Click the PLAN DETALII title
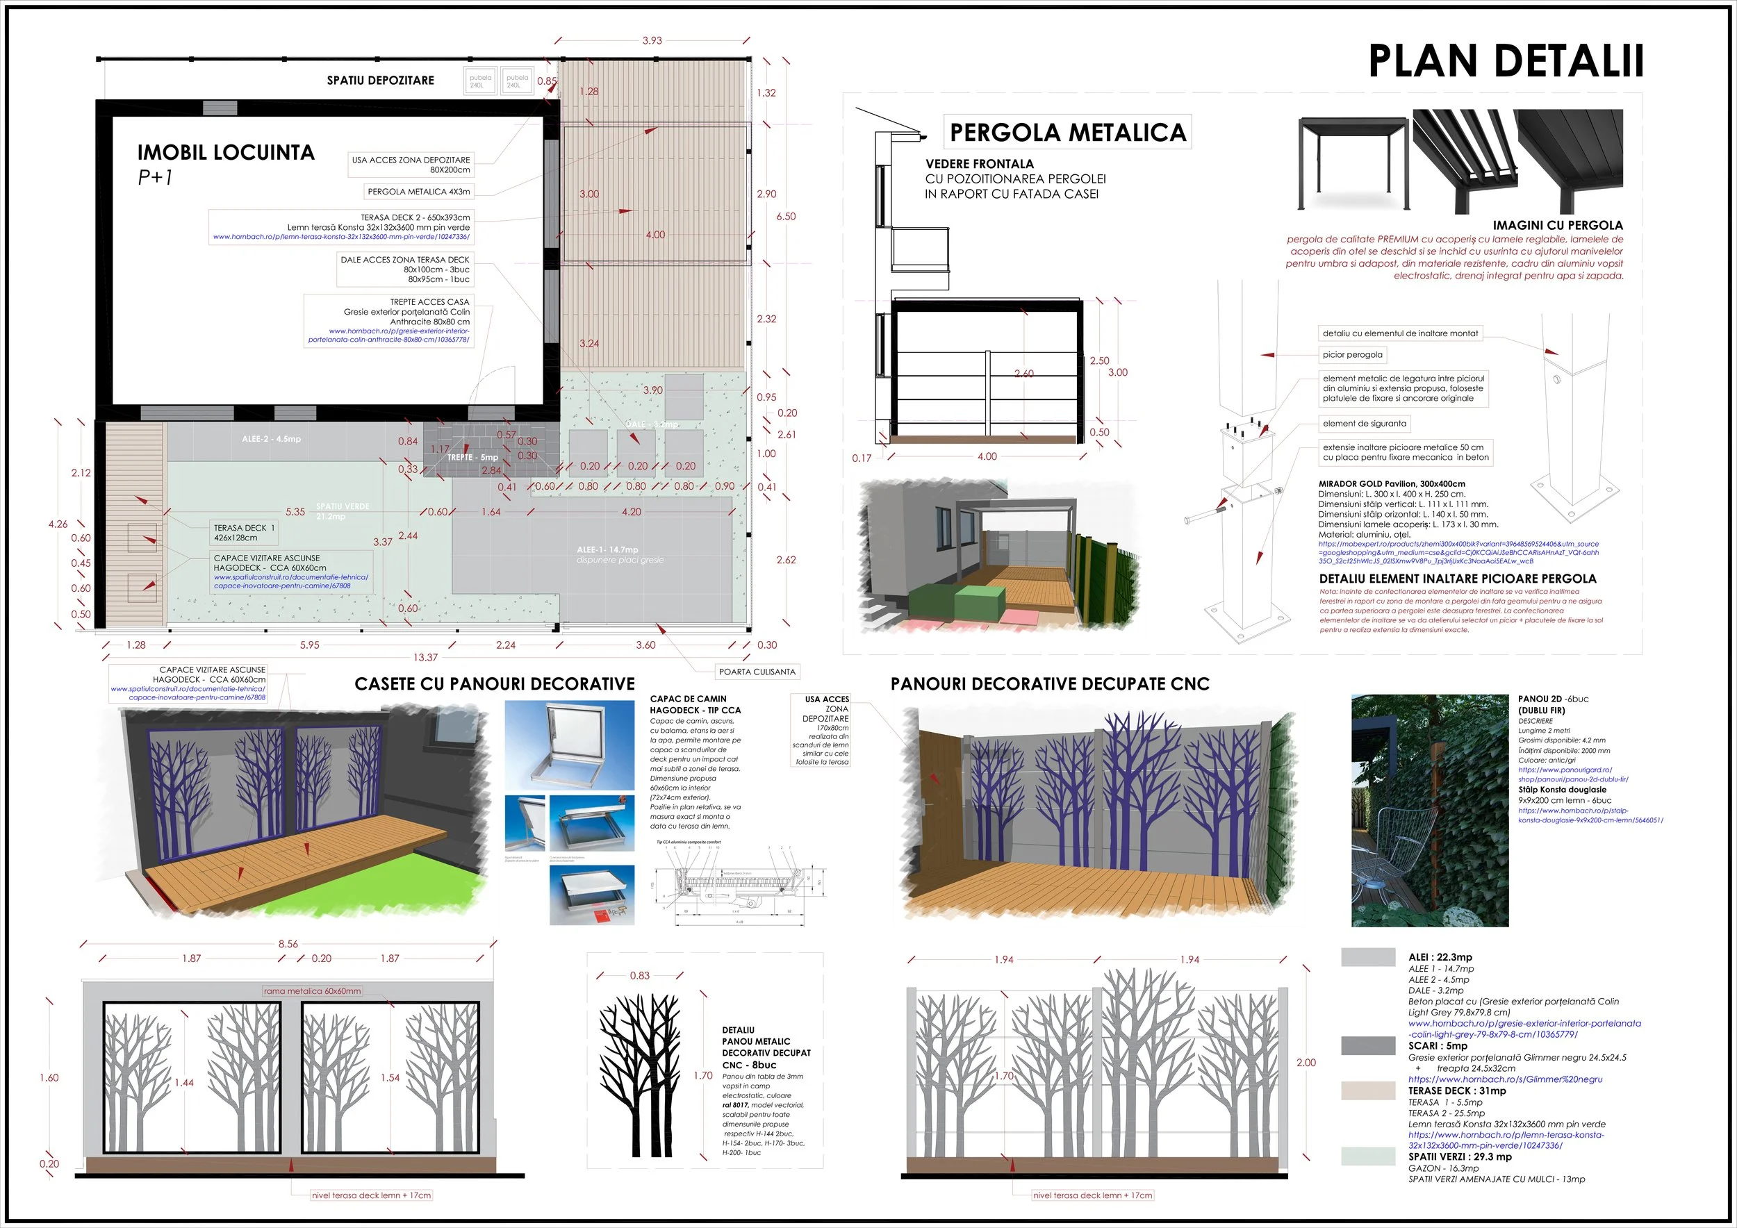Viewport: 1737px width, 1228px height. click(1506, 61)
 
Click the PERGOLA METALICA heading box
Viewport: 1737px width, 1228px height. click(1067, 133)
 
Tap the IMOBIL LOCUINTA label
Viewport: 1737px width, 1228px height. click(225, 153)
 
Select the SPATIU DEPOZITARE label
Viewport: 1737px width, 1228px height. click(380, 80)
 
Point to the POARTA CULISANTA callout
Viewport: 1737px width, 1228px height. click(757, 672)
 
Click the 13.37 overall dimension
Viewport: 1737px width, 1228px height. click(425, 657)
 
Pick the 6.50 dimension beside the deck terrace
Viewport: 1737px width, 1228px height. click(786, 216)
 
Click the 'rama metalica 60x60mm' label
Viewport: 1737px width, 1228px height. click(313, 990)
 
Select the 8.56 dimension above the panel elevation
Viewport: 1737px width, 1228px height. click(288, 944)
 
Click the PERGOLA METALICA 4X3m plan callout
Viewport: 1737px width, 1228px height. click(418, 191)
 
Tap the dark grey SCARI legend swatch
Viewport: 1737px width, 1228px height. click(1368, 1045)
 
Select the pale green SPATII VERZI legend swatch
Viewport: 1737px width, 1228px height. click(1368, 1155)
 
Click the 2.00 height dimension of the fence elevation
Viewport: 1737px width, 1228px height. click(1306, 1063)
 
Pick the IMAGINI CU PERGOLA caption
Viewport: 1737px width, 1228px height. click(1557, 225)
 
